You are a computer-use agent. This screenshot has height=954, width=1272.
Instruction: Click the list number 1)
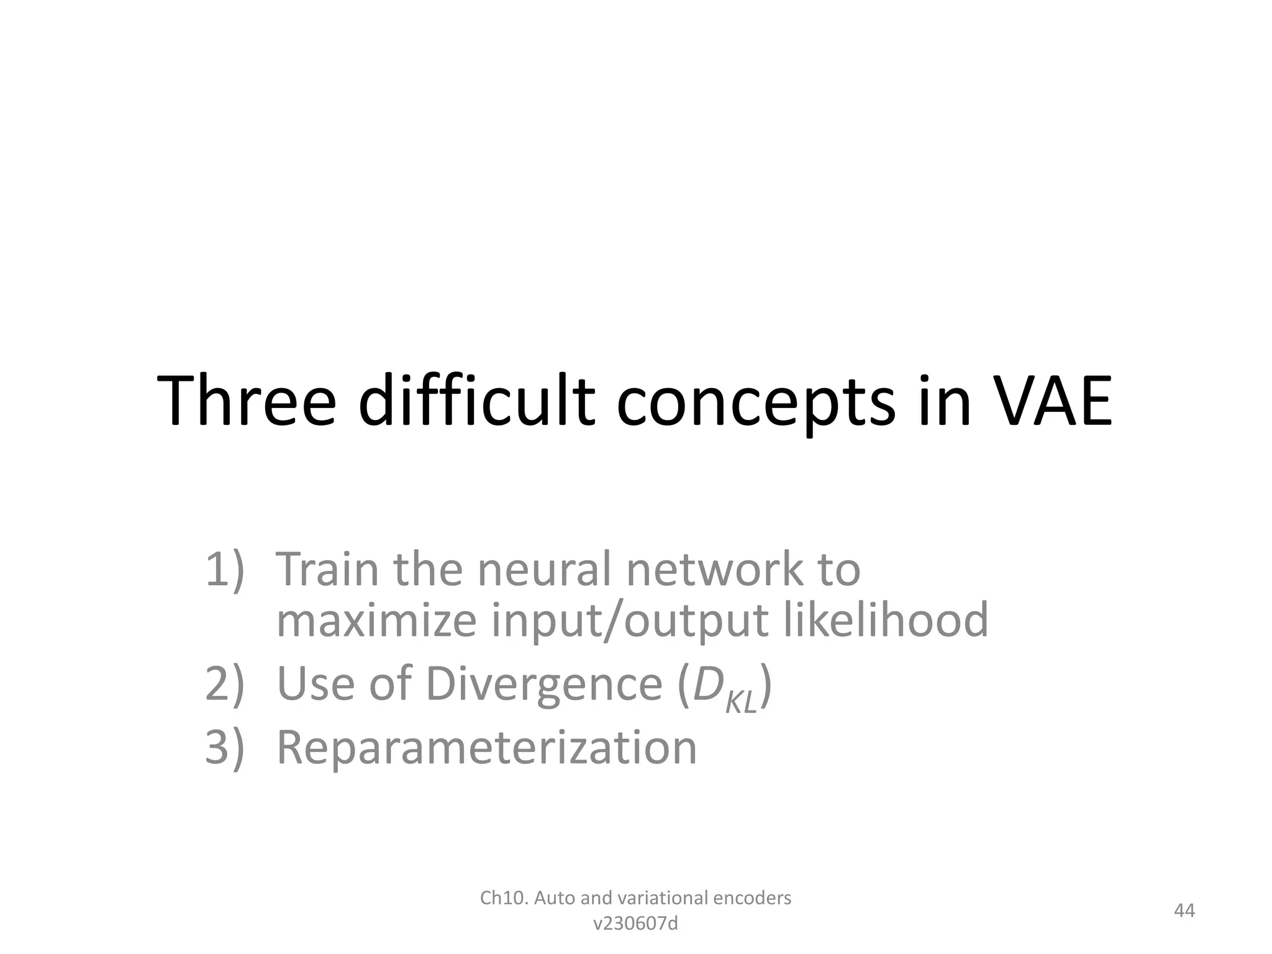(x=224, y=569)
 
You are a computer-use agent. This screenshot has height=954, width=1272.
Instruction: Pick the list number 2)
(x=224, y=684)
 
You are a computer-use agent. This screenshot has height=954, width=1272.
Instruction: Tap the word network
(x=712, y=569)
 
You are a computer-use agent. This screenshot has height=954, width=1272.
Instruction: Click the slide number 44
(x=1184, y=911)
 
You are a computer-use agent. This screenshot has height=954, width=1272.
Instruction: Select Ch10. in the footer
(x=504, y=898)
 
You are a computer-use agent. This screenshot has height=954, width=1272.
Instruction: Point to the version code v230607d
(x=635, y=924)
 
